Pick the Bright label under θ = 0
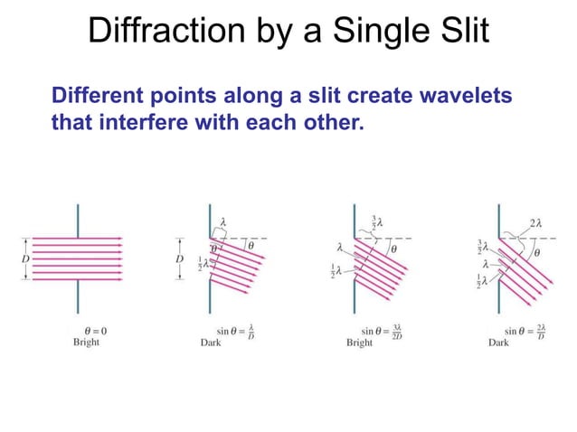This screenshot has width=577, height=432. [87, 343]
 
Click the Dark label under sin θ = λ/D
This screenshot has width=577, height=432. [210, 343]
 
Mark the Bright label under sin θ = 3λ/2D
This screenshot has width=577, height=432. [360, 343]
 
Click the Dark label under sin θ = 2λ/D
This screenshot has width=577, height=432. [498, 343]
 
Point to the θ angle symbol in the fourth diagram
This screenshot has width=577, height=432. [537, 254]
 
